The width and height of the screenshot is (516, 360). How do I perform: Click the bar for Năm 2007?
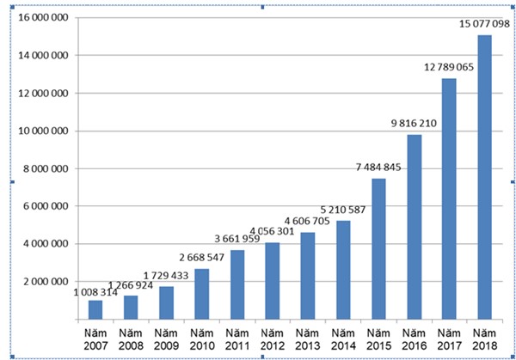pyautogui.click(x=95, y=309)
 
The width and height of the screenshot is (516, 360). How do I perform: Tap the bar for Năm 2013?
pyautogui.click(x=308, y=276)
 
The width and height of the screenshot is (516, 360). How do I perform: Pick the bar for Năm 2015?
pyautogui.click(x=378, y=249)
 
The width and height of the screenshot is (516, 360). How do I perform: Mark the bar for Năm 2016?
pyautogui.click(x=414, y=227)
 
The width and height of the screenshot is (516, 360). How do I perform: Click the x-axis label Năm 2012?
pyautogui.click(x=273, y=339)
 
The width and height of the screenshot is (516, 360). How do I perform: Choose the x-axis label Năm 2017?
pyautogui.click(x=449, y=339)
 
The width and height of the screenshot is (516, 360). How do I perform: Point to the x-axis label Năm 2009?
pyautogui.click(x=166, y=339)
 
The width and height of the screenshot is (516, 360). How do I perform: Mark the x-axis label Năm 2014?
pyautogui.click(x=343, y=339)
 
